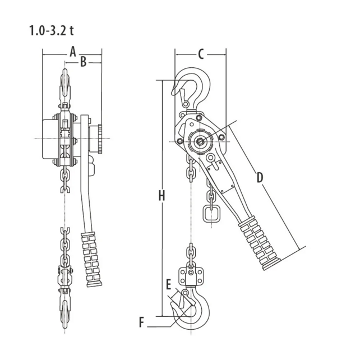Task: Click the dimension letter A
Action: (72, 52)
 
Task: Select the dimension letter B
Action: (83, 62)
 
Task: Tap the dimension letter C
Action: (200, 54)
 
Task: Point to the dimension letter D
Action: (260, 178)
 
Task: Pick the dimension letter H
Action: (161, 196)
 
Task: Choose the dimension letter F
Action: (142, 322)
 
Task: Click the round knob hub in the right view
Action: (200, 140)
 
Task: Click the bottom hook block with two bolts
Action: (191, 275)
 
